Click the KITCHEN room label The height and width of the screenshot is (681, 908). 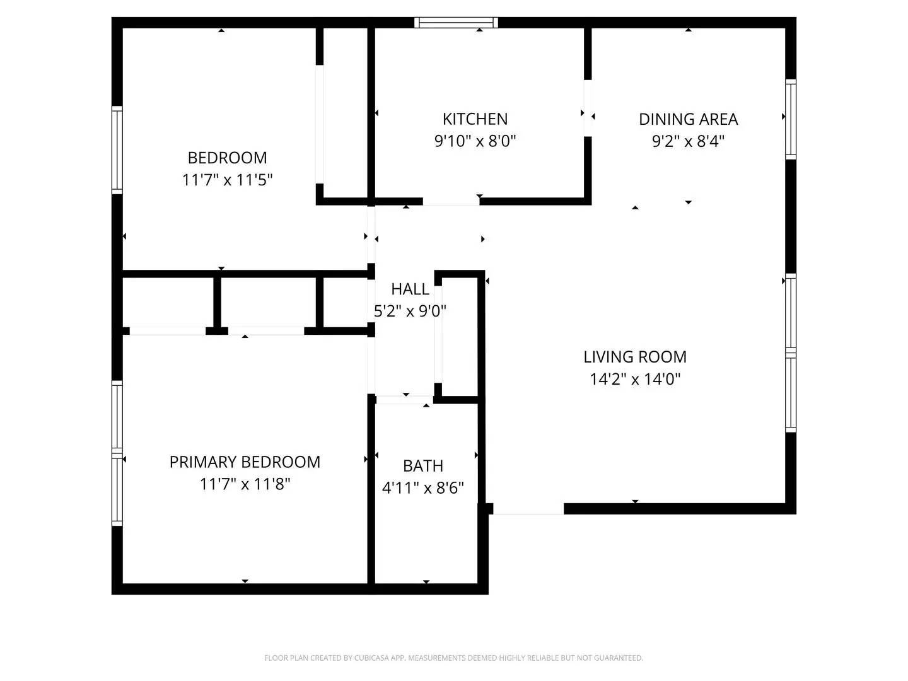pos(475,119)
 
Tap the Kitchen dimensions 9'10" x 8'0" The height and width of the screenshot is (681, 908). pos(475,141)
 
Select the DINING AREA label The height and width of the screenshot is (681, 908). pos(688,119)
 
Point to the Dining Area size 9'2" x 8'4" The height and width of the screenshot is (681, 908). pos(688,141)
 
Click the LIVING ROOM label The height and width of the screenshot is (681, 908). pos(635,357)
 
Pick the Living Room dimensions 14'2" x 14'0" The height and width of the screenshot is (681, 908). pos(635,379)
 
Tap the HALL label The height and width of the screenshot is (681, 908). pos(410,289)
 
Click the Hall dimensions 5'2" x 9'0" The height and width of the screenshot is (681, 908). pos(410,310)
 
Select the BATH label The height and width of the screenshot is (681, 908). pos(422,466)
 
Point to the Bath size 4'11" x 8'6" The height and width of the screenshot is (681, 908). pos(422,488)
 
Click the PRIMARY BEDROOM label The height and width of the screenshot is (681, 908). pos(245,462)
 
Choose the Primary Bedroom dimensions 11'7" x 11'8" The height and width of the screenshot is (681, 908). pos(245,484)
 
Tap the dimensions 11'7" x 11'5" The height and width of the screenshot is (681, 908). pos(227,180)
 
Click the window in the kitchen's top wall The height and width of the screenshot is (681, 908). pos(456,22)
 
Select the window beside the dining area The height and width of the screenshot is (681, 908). pos(791,119)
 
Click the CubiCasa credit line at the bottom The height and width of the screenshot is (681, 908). pos(453,658)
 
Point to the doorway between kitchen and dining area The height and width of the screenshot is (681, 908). pos(588,108)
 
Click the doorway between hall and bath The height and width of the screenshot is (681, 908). pos(404,400)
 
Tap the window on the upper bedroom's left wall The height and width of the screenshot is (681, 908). pos(117,150)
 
